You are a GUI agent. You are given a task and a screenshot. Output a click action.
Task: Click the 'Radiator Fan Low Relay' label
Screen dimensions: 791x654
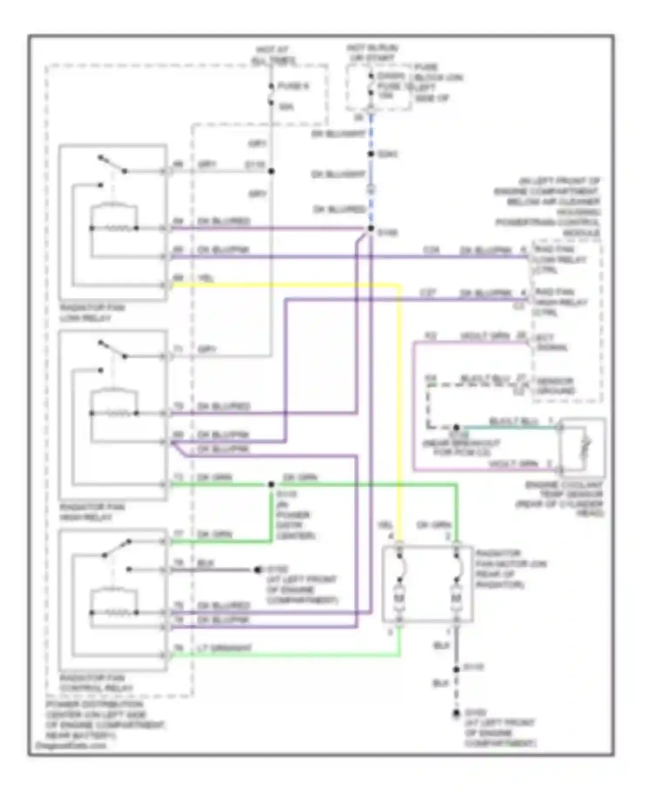pyautogui.click(x=92, y=313)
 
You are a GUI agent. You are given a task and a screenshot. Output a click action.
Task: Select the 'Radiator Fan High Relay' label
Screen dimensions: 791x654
pyautogui.click(x=92, y=512)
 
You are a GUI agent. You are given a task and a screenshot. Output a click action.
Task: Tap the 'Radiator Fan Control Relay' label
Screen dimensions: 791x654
pyautogui.click(x=96, y=683)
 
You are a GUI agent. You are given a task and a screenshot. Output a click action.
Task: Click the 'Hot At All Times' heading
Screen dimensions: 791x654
pyautogui.click(x=273, y=55)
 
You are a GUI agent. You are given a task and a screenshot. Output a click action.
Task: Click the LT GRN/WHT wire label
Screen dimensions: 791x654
pyautogui.click(x=225, y=648)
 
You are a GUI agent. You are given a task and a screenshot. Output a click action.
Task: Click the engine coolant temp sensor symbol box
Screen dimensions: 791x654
pyautogui.click(x=582, y=448)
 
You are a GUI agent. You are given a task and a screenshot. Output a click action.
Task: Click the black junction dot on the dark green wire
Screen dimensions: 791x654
pyautogui.click(x=271, y=484)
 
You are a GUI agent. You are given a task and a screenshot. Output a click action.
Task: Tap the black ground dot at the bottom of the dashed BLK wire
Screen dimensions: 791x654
pyautogui.click(x=456, y=714)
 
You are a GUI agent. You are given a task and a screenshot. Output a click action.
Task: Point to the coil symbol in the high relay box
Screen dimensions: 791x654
pyautogui.click(x=114, y=413)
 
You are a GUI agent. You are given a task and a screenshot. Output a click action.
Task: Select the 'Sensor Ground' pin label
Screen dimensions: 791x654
pyautogui.click(x=555, y=385)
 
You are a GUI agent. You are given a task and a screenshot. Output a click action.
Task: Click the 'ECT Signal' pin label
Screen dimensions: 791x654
pyautogui.click(x=550, y=343)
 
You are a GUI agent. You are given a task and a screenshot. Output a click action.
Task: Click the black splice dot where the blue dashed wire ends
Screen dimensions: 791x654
pyautogui.click(x=371, y=228)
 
